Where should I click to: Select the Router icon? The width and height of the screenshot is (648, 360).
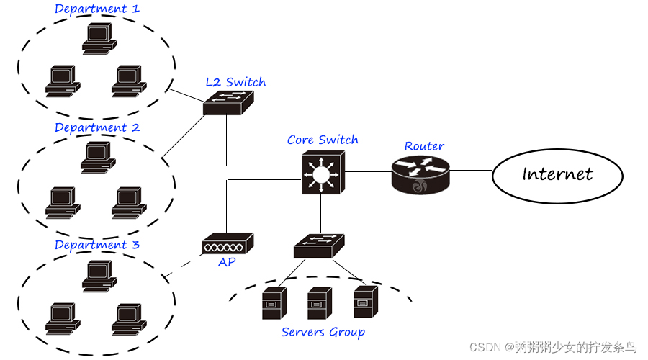click(420, 174)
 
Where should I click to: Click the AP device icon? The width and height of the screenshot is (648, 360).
click(228, 244)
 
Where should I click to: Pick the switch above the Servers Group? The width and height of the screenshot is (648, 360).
click(320, 246)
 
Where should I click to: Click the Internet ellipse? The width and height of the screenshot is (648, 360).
click(557, 174)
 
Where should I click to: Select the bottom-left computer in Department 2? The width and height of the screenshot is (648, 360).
click(62, 202)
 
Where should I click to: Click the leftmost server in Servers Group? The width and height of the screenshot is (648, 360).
click(274, 303)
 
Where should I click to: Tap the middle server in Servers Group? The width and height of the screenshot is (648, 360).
click(319, 303)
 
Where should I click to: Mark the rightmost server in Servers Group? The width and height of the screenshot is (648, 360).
click(365, 301)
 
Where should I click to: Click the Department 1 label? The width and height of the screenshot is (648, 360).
click(97, 9)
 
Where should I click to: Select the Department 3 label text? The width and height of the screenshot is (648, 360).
click(97, 245)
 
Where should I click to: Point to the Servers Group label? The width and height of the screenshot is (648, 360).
click(323, 332)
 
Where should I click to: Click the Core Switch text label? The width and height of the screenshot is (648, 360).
click(323, 140)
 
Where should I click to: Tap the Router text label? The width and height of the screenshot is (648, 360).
click(424, 146)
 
